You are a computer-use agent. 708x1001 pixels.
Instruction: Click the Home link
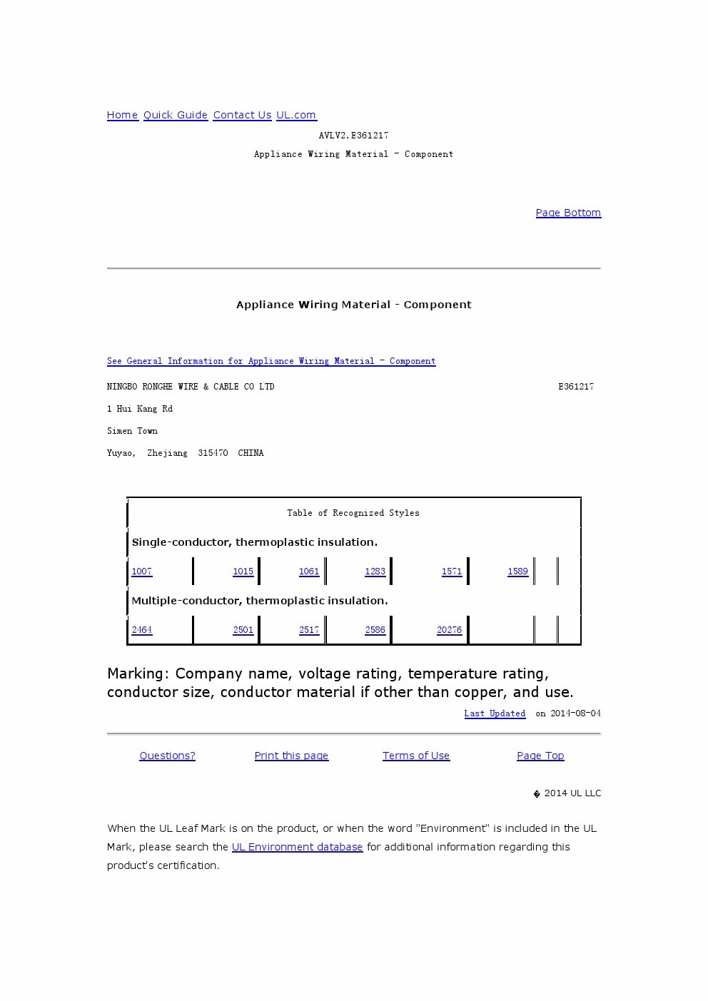tap(122, 115)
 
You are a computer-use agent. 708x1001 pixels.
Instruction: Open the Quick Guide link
tap(176, 115)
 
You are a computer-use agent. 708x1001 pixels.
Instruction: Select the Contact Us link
tap(242, 115)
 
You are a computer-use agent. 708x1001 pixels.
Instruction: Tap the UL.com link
tap(296, 115)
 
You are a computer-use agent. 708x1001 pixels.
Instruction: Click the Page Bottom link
tap(568, 213)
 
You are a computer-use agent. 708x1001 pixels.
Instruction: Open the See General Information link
tap(271, 361)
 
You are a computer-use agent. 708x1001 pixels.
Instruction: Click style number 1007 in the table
tap(142, 571)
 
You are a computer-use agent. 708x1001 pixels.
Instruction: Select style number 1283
tap(375, 571)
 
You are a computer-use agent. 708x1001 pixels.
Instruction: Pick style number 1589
tap(517, 571)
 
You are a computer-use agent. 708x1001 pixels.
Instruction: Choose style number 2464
tap(142, 630)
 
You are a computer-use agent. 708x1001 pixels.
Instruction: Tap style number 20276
tap(449, 630)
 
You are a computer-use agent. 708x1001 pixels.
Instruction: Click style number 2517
tap(309, 630)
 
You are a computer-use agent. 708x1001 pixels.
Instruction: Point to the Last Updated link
tap(495, 713)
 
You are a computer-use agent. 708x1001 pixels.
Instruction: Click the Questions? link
tap(167, 756)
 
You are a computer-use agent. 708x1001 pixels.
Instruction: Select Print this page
tap(291, 756)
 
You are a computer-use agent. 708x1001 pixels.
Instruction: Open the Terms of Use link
tap(416, 756)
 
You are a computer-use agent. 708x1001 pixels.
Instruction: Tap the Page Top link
tap(540, 756)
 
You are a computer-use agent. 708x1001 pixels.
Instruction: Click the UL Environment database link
tap(297, 847)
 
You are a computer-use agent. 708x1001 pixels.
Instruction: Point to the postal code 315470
tap(213, 453)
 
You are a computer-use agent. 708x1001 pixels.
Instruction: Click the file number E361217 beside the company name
tap(576, 387)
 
